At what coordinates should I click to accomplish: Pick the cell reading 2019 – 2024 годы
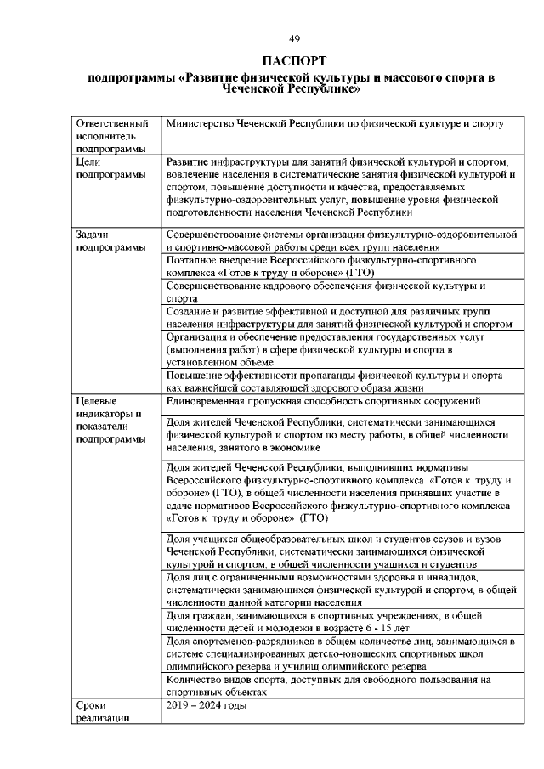207,705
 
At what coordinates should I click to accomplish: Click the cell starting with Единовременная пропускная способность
325,400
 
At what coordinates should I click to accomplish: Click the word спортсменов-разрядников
251,641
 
